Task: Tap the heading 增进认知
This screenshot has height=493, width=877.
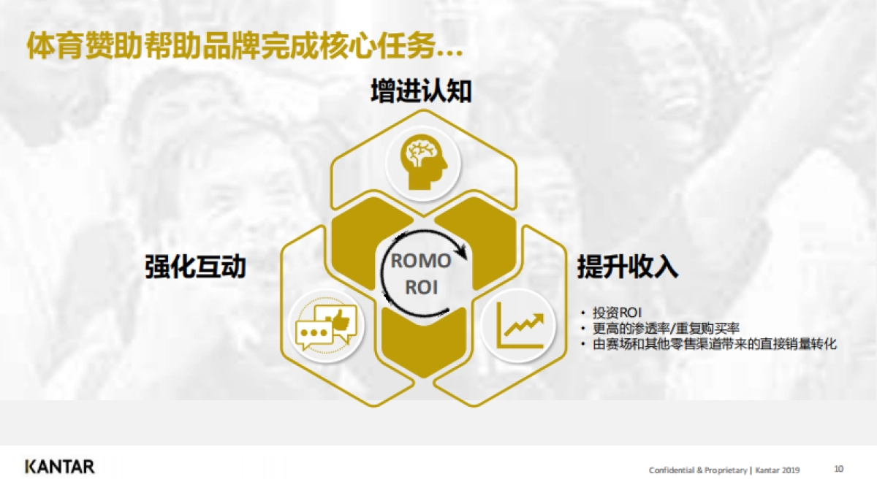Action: point(421,92)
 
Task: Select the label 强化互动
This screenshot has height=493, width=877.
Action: point(195,267)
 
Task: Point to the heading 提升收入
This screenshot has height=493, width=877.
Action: point(628,267)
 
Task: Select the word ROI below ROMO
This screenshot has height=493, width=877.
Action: point(422,286)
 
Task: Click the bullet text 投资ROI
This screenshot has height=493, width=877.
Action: point(617,313)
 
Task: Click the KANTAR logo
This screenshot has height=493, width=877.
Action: point(60,467)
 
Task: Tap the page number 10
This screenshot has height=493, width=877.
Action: point(839,469)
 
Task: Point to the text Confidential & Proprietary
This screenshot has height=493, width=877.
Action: point(697,470)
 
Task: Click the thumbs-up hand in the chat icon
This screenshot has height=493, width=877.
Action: point(340,318)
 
